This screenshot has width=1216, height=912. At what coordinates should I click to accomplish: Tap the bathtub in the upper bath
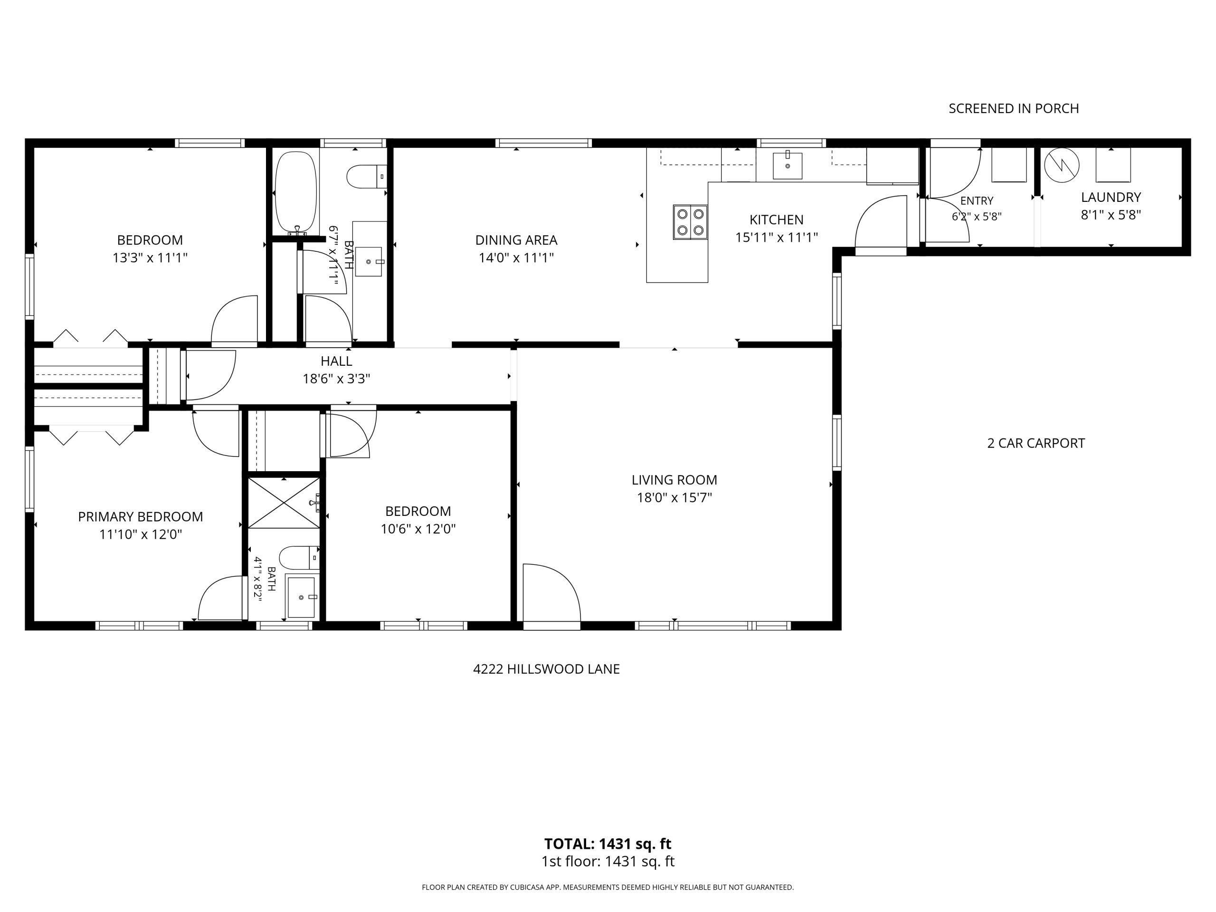[x=296, y=193]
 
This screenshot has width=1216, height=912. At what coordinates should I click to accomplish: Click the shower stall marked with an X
[x=284, y=503]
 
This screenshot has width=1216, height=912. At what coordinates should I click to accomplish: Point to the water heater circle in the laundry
[x=1061, y=165]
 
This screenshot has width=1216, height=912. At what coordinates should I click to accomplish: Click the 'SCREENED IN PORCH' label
[x=1014, y=108]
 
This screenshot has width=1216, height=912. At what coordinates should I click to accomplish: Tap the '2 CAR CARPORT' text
[x=1035, y=443]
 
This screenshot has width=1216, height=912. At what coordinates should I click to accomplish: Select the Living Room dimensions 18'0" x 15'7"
[x=674, y=497]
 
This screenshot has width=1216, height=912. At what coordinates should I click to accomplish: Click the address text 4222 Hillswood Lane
[x=546, y=669]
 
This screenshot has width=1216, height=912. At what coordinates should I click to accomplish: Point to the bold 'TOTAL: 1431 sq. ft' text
[x=608, y=844]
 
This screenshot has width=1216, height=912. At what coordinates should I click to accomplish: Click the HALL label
[x=336, y=361]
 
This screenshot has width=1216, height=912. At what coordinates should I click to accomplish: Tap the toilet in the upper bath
[x=367, y=177]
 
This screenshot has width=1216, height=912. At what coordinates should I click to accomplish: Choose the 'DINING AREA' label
[x=516, y=240]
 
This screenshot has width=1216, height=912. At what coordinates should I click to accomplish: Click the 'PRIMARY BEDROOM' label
[x=140, y=517]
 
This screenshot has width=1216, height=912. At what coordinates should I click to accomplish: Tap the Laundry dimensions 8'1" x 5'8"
[x=1111, y=215]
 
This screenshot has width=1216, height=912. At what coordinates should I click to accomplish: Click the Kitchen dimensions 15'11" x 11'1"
[x=777, y=237]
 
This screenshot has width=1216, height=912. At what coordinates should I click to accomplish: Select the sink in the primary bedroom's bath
[x=301, y=597]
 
